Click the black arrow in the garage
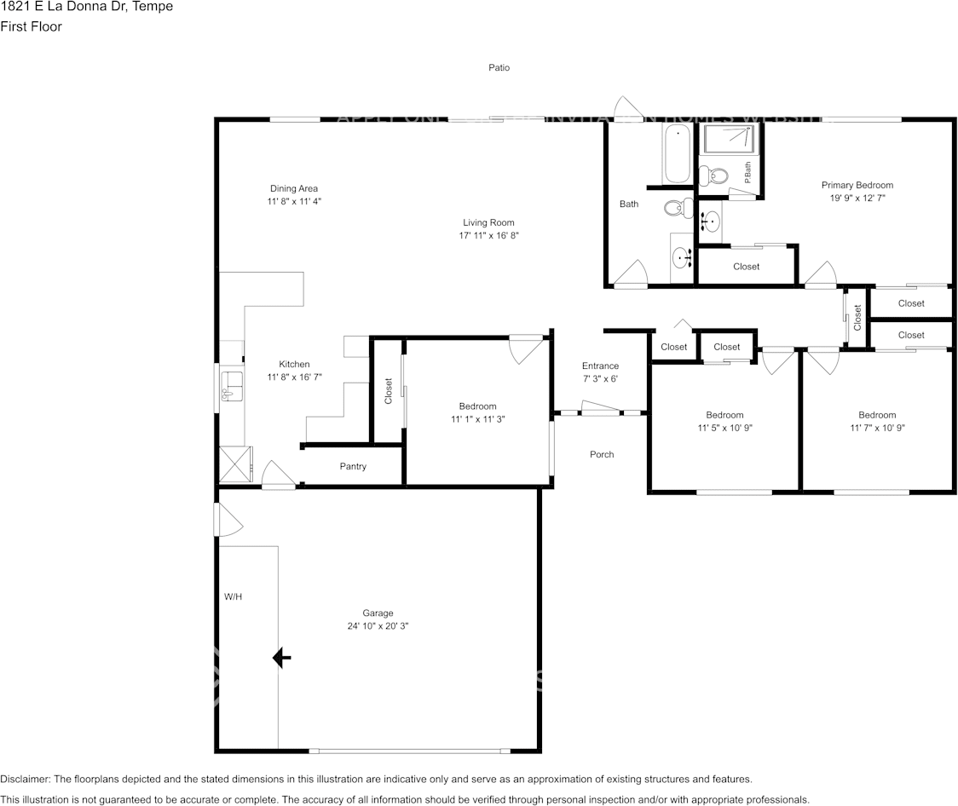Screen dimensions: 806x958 [281, 658]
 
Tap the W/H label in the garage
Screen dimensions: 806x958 [234, 597]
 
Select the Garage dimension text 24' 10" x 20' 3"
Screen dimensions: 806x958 [378, 625]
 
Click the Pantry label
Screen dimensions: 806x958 [353, 466]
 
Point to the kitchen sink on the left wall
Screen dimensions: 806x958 [232, 386]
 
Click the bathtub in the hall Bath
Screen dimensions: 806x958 [678, 154]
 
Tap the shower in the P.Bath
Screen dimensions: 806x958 [727, 140]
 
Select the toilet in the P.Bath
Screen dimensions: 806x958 [713, 176]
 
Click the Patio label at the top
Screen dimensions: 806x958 [499, 67]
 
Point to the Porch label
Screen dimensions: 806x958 [602, 454]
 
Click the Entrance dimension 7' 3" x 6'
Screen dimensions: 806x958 [600, 378]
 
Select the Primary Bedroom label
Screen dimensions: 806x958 [857, 185]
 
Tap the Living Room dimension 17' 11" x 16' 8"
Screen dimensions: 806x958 [488, 235]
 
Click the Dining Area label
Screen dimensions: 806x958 [294, 188]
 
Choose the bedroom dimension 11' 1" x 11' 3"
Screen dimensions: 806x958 [478, 419]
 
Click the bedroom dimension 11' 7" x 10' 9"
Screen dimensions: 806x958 [877, 428]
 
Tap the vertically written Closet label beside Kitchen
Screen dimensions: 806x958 [389, 391]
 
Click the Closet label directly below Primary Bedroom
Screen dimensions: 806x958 [746, 267]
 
